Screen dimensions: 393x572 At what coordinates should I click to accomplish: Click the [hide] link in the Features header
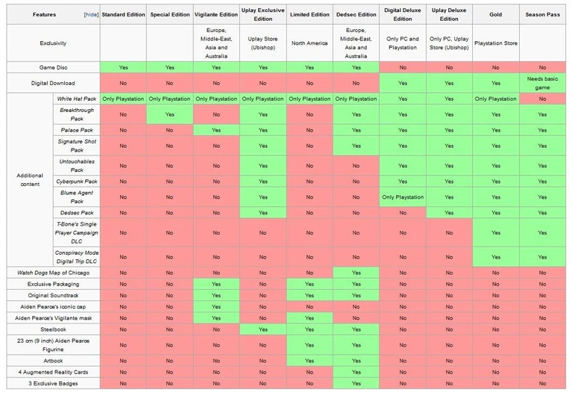pyautogui.click(x=90, y=14)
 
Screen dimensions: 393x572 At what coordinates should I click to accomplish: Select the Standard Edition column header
pyautogui.click(x=123, y=14)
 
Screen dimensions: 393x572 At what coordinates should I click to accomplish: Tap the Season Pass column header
pyautogui.click(x=542, y=14)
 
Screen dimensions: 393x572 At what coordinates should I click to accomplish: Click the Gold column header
pyautogui.click(x=496, y=14)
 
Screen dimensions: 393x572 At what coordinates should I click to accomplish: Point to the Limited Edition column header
pyautogui.click(x=309, y=14)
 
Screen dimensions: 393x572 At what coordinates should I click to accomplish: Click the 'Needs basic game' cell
pyautogui.click(x=542, y=83)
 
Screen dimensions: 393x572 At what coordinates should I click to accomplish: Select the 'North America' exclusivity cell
pyautogui.click(x=309, y=43)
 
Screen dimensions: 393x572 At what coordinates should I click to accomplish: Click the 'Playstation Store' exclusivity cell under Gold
pyautogui.click(x=496, y=43)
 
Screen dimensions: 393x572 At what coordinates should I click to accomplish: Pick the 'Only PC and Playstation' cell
pyautogui.click(x=403, y=43)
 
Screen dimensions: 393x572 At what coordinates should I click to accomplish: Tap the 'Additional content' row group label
pyautogui.click(x=30, y=180)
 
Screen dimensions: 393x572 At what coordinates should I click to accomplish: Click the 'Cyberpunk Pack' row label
pyautogui.click(x=77, y=182)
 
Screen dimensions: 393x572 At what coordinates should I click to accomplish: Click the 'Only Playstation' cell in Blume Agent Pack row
pyautogui.click(x=403, y=197)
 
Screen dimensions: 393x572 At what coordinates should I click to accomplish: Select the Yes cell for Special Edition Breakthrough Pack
pyautogui.click(x=170, y=114)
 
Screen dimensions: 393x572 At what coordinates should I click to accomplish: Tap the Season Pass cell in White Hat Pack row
pyautogui.click(x=542, y=99)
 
